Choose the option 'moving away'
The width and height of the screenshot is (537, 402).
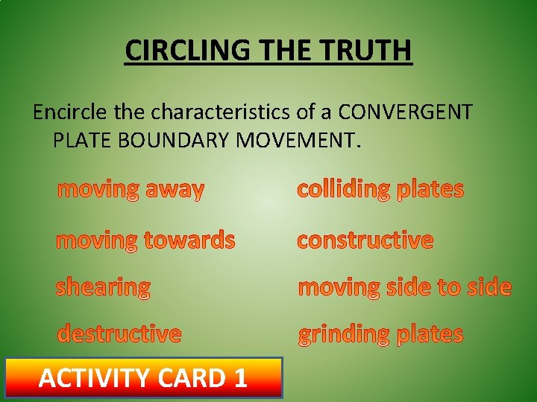(x=131, y=190)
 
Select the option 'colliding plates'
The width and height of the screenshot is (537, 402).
(x=380, y=189)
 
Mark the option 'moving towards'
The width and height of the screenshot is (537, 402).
(x=145, y=240)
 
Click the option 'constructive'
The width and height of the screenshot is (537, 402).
(x=365, y=240)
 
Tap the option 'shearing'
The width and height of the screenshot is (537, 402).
(x=103, y=287)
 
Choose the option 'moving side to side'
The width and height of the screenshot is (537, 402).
(x=404, y=287)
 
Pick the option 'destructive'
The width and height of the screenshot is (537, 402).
(x=119, y=334)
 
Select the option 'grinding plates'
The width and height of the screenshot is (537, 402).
(x=380, y=334)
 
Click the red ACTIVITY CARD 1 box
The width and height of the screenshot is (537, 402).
(x=143, y=377)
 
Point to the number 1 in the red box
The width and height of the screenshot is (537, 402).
(x=239, y=378)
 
